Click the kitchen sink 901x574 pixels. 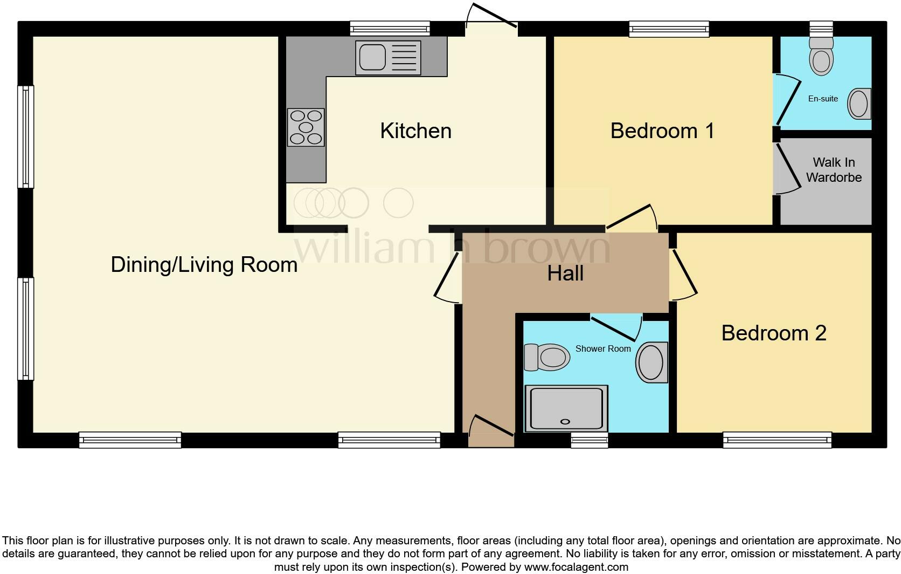(387, 57)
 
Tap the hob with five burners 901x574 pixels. (306, 127)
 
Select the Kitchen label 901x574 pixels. (415, 131)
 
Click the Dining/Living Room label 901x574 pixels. (204, 265)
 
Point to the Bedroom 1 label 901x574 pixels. (662, 131)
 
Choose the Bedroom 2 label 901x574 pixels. (773, 333)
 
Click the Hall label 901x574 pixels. (565, 274)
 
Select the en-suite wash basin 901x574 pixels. (859, 103)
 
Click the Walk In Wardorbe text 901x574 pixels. (834, 170)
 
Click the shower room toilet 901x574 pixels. (547, 357)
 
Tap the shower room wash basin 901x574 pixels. (652, 362)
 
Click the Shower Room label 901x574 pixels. (602, 349)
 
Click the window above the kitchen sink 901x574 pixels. (390, 29)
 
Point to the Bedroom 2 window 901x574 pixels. (777, 440)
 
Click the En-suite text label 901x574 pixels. (823, 99)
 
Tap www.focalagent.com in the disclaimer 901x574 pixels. (576, 567)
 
